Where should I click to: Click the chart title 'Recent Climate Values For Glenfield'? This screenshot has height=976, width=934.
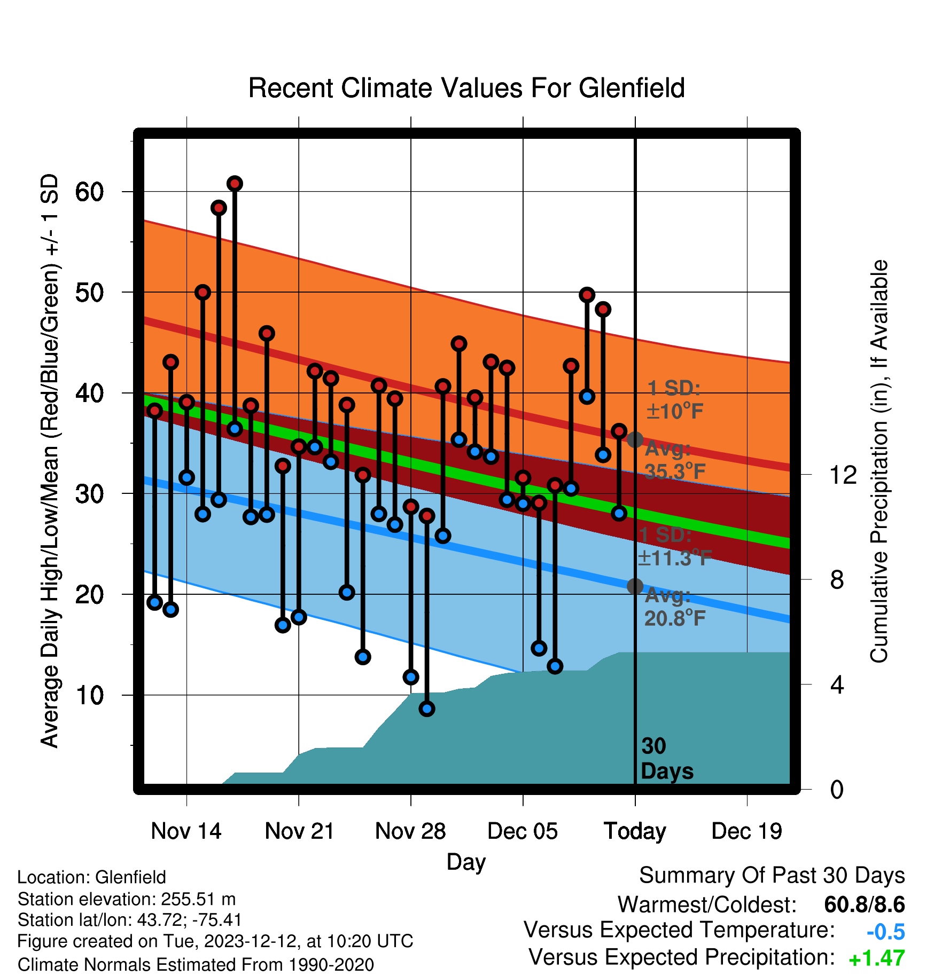coord(466,88)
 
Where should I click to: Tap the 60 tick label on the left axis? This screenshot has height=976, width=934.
coord(90,192)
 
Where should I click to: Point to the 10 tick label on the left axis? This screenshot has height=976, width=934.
coord(90,695)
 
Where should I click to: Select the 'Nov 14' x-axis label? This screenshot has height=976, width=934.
coord(186,831)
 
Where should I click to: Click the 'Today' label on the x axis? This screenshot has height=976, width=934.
coord(635,831)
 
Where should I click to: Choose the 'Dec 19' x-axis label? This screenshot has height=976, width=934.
coord(746,831)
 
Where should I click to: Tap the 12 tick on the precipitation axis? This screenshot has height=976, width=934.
coord(843,475)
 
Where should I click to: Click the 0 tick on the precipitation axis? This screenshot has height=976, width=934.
coord(837,789)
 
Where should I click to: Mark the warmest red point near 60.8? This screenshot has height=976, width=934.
coord(235,184)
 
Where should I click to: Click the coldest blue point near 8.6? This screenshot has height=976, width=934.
coord(427,709)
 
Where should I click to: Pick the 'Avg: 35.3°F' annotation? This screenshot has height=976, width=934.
coord(675,460)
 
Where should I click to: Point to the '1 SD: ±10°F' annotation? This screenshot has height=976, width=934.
coord(675,399)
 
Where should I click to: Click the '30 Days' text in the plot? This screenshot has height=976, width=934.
coord(667,759)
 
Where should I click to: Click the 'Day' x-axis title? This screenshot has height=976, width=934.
coord(466,862)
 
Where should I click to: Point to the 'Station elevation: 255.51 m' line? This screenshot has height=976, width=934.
coord(127,899)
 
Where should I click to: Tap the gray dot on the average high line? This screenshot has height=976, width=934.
coord(635,440)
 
